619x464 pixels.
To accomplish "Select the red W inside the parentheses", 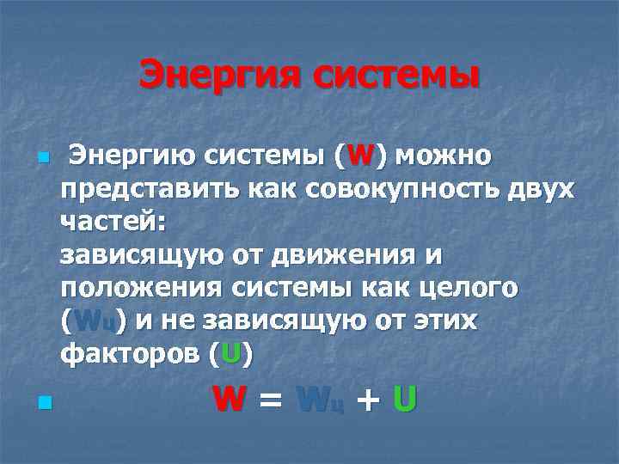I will pos(361,156).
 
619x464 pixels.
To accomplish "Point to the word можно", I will pos(444,156).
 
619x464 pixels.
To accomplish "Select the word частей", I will pos(112,222).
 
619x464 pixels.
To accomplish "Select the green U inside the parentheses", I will pos(230,352).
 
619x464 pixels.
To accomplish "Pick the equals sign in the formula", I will pos(271,400).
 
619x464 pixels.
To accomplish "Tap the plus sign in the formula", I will pos(367,400).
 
